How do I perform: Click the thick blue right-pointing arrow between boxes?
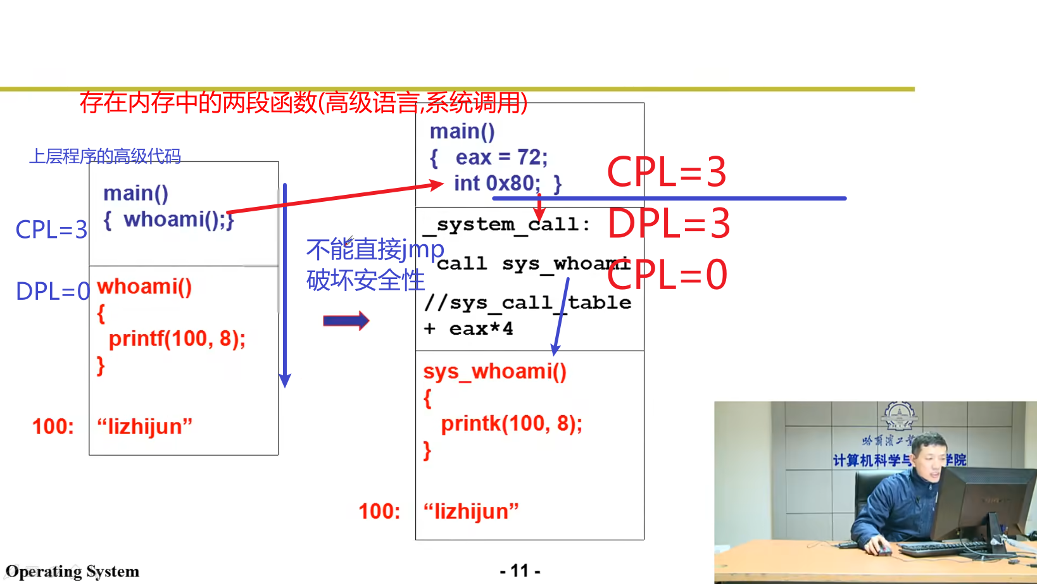point(346,321)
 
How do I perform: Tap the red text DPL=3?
point(669,224)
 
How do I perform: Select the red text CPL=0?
point(667,275)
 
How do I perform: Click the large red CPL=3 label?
point(666,172)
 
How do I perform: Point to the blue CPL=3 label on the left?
point(51,230)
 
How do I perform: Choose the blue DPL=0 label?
point(53,292)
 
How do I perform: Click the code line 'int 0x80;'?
point(497,183)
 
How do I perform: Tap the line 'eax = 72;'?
point(501,158)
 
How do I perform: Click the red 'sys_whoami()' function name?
point(494,371)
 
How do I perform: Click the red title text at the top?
point(303,103)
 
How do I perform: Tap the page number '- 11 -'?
point(520,571)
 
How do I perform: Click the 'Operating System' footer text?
point(72,572)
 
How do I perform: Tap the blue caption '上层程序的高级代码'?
point(105,156)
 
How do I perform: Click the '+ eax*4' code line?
point(468,329)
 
